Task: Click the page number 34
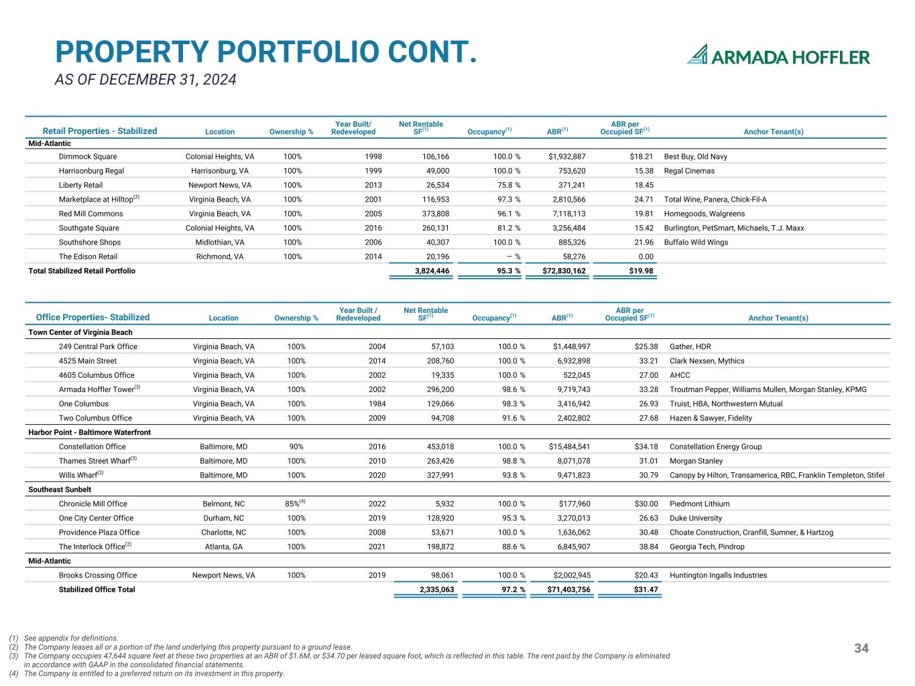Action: tap(861, 648)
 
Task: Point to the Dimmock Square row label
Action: tap(88, 157)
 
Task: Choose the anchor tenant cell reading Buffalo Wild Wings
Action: tap(696, 243)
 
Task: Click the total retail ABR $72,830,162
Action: tap(564, 271)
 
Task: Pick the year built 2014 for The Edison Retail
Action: tap(373, 257)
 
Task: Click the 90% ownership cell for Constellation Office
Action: tap(296, 447)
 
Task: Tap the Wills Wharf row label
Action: tap(81, 475)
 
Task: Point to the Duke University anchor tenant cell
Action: tap(695, 518)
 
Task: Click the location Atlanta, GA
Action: tap(223, 547)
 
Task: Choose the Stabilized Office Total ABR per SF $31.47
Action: tap(646, 590)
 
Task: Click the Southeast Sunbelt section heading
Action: tap(60, 490)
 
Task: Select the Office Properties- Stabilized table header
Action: tap(93, 318)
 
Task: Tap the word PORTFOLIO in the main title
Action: tap(300, 52)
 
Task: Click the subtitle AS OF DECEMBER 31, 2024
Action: tap(145, 80)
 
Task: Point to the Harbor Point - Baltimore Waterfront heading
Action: tap(90, 432)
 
